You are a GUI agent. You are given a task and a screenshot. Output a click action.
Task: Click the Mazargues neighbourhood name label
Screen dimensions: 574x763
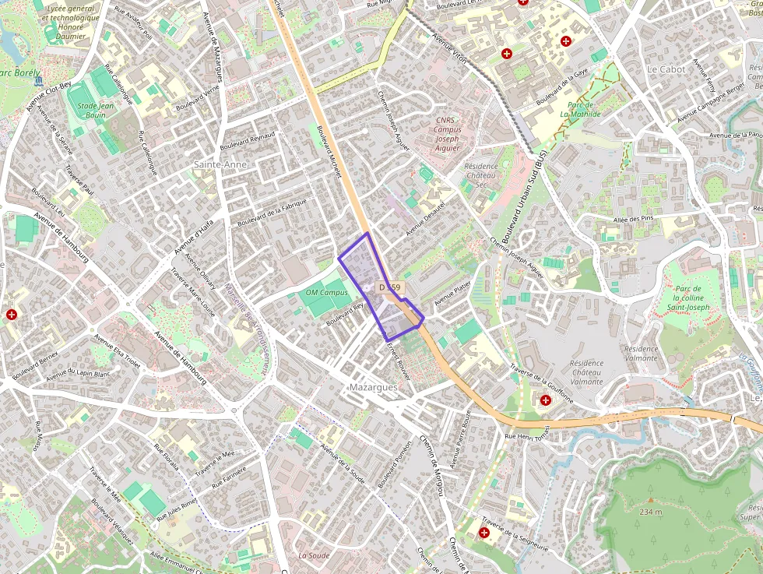[x=374, y=387]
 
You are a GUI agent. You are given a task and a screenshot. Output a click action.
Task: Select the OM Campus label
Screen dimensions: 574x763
[x=327, y=292]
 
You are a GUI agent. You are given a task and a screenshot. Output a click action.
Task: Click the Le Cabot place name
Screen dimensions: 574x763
[x=666, y=69]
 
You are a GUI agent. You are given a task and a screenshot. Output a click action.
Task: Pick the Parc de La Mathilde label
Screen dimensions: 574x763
[x=580, y=109]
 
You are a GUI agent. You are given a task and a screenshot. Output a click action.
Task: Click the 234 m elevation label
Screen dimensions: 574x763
[x=651, y=512]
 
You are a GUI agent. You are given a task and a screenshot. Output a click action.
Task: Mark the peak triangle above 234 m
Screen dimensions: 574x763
[x=650, y=499]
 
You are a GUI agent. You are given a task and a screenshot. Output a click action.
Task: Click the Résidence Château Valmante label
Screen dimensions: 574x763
[x=586, y=372]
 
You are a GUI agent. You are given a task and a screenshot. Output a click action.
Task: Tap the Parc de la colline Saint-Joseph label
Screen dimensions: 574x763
[x=688, y=298]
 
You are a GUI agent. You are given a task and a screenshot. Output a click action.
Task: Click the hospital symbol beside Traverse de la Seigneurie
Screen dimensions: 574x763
[x=485, y=534]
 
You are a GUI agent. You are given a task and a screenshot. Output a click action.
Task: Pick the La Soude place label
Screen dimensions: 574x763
[x=314, y=555]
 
